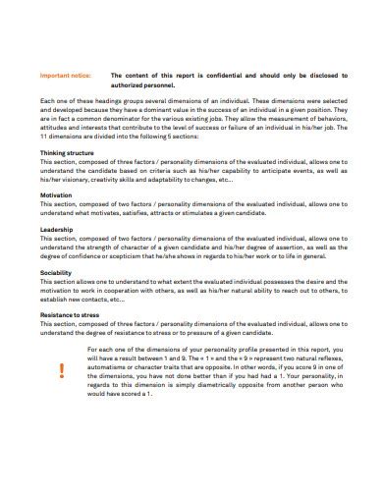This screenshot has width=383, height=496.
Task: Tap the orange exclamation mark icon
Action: tap(62, 370)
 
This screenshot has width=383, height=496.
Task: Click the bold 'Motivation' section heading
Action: tap(57, 195)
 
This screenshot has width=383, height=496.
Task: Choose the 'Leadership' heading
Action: tap(57, 230)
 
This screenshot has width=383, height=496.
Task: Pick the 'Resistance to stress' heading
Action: tap(70, 314)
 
